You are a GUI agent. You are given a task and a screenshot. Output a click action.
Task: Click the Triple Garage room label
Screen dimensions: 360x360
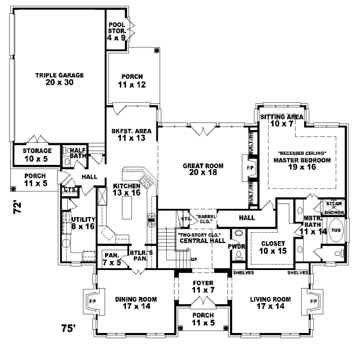[58, 79]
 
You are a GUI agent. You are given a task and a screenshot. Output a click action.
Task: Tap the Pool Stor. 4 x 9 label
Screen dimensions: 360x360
[116, 32]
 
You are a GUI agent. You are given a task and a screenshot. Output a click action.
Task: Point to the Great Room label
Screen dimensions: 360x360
[197, 169]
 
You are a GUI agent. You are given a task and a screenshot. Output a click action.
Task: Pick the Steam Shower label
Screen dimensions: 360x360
[333, 207]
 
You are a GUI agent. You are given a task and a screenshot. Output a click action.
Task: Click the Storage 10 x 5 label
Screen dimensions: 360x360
[37, 155]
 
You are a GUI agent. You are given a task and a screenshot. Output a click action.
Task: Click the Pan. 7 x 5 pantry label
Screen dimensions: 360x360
[111, 258]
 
